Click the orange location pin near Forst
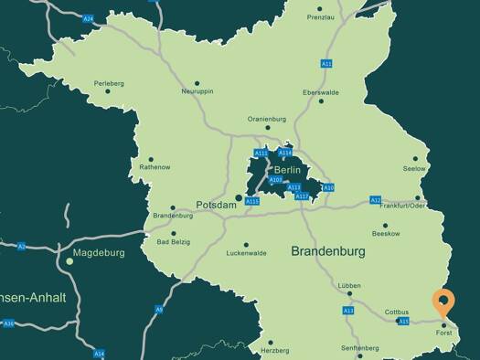point(443,302)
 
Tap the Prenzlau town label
point(321,17)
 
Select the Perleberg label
point(108,83)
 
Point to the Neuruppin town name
point(197,91)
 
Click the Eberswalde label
point(321,91)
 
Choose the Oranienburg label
point(267,118)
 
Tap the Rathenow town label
point(154,167)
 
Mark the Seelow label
point(414,169)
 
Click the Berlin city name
point(287,170)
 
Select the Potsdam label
point(217,206)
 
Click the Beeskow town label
point(386,234)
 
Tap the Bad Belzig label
point(174,242)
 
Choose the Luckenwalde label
point(246,253)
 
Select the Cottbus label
point(397,312)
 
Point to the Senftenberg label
point(359,348)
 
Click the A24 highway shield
point(88,18)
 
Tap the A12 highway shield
point(375,199)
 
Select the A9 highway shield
point(158,310)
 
